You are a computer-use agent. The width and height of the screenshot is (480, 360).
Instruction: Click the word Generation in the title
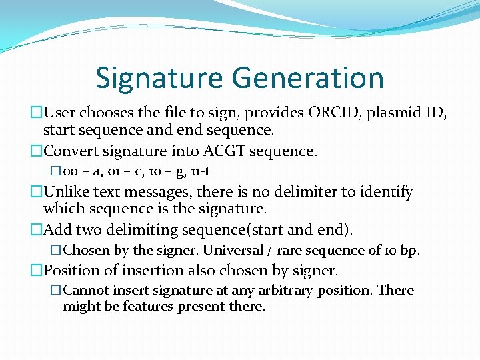307,78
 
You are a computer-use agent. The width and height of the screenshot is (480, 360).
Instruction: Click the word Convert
72,151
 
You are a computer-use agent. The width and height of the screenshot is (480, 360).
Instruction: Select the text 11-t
201,172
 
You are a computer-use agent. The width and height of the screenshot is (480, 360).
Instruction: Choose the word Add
56,230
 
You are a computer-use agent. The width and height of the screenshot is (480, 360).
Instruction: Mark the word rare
291,251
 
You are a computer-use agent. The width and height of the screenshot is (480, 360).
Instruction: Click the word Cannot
85,291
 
